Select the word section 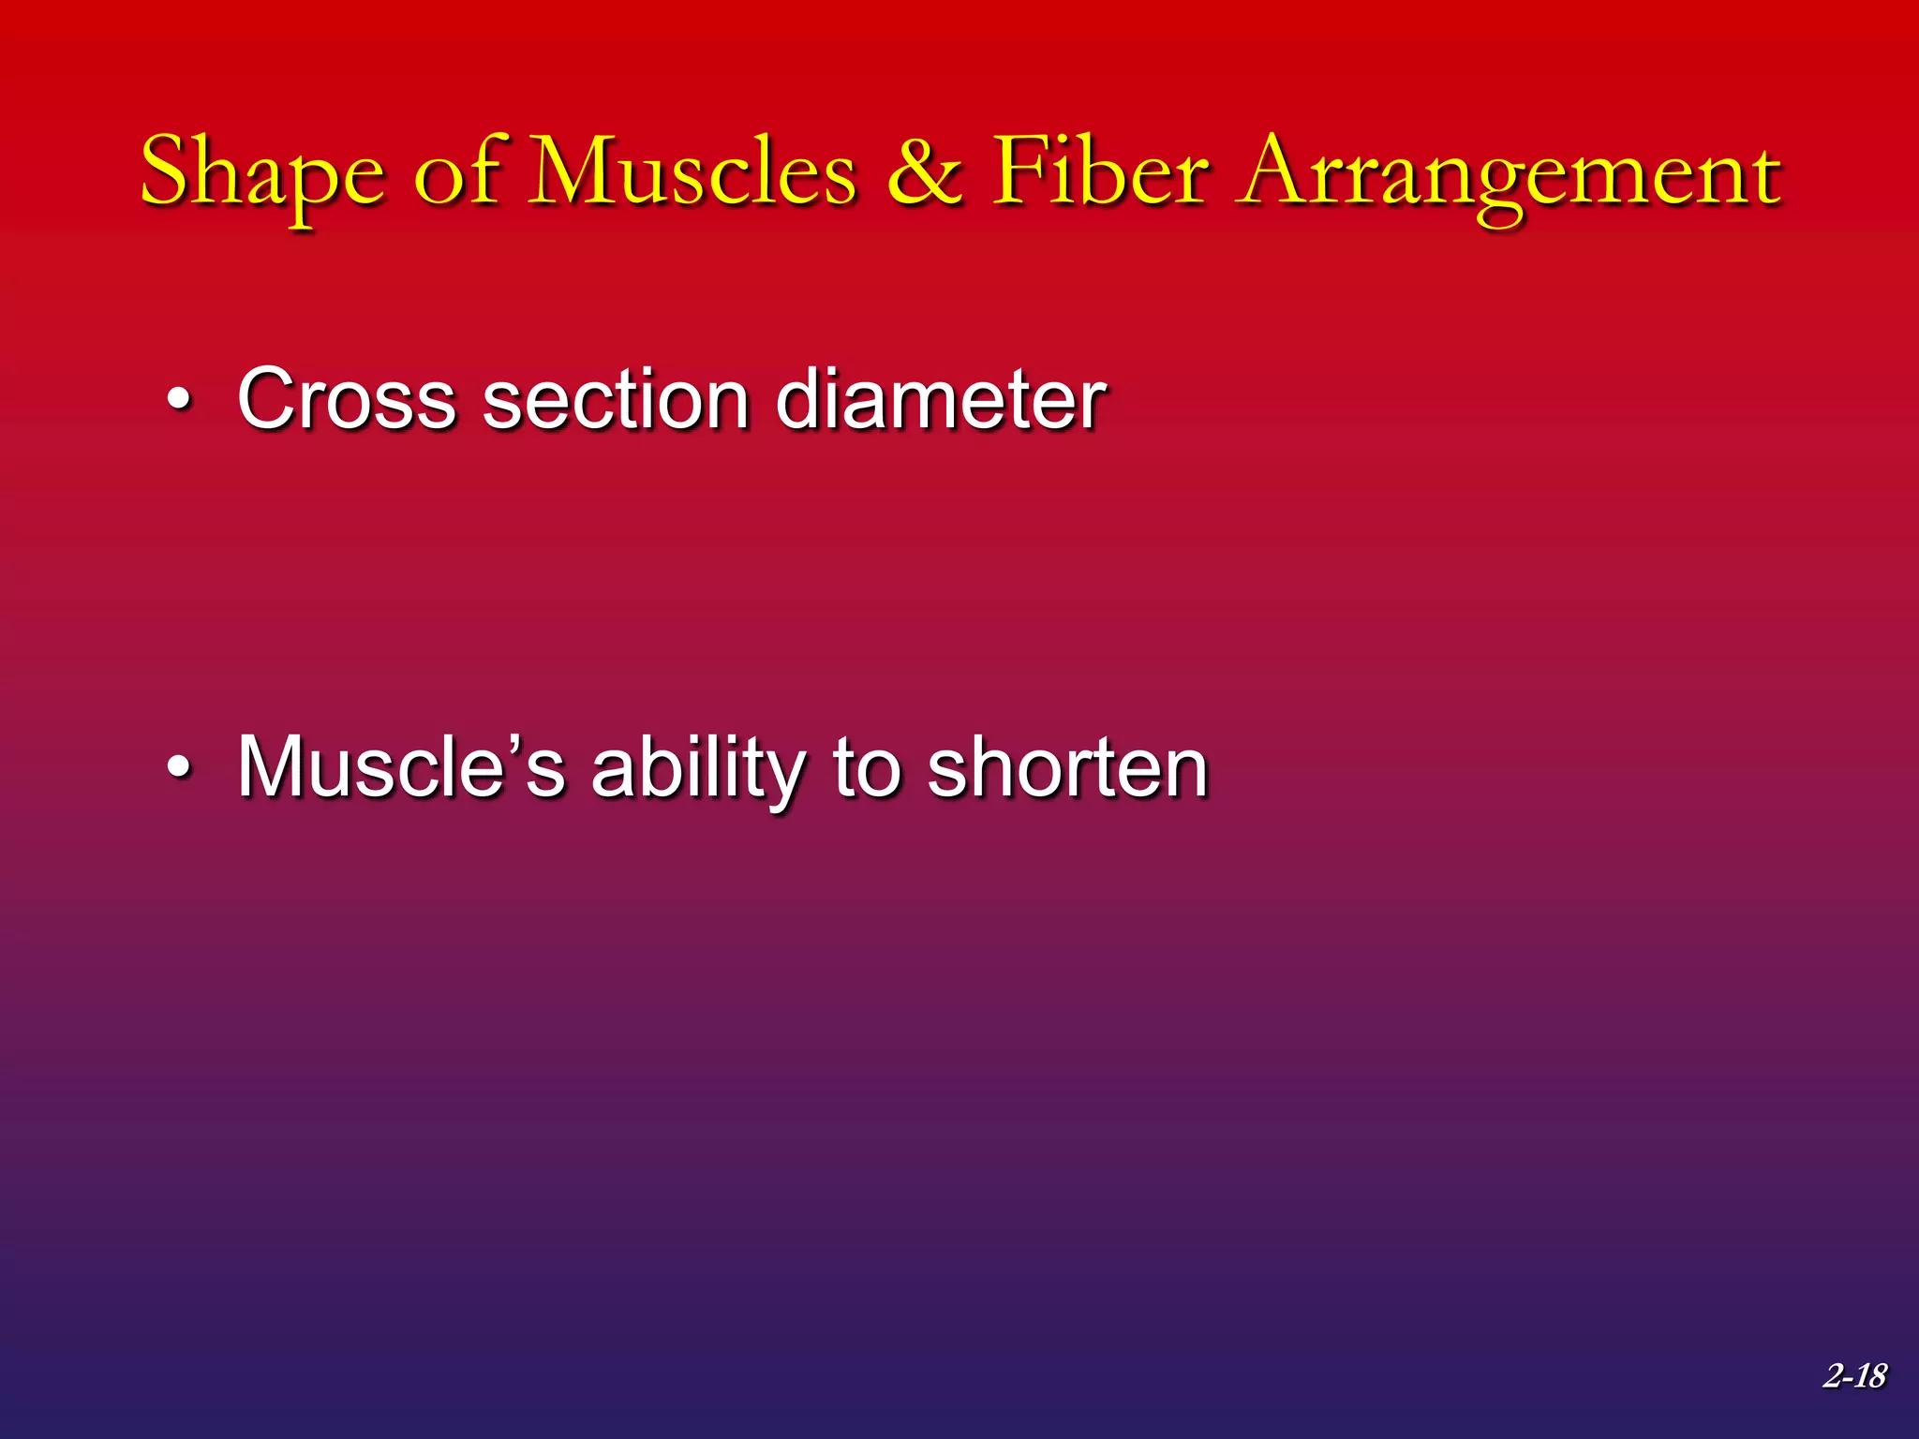click(x=615, y=401)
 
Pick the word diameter click(x=941, y=401)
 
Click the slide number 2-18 click(x=1854, y=1375)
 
